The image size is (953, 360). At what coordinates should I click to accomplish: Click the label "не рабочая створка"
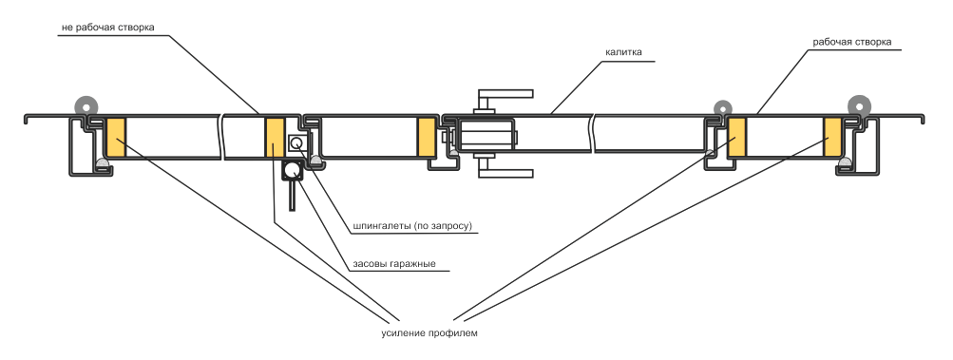click(x=107, y=28)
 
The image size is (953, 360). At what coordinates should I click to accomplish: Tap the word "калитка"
click(x=623, y=52)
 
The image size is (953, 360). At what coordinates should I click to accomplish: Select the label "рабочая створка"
click(x=852, y=42)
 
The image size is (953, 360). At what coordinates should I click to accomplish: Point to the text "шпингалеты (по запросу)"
click(x=412, y=226)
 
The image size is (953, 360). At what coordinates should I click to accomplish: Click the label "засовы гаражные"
click(x=394, y=264)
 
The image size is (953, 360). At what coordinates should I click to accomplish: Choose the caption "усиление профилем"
click(x=429, y=333)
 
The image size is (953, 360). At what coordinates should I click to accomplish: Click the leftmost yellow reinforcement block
click(x=116, y=138)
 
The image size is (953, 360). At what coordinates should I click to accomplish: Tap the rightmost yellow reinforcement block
click(x=832, y=137)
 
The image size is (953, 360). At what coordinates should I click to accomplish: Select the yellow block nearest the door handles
click(x=427, y=137)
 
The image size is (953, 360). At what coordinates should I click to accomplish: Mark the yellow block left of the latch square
click(x=274, y=138)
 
